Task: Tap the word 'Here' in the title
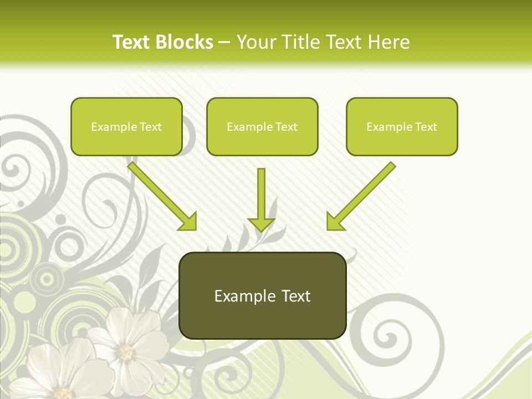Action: pos(390,42)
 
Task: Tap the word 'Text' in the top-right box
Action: pos(426,127)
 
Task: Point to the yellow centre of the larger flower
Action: pos(126,351)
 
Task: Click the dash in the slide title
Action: pos(224,42)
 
